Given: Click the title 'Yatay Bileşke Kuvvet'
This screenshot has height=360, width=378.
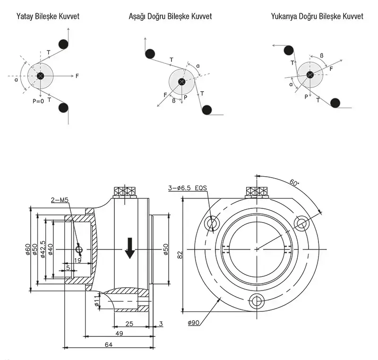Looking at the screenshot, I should click(48, 17).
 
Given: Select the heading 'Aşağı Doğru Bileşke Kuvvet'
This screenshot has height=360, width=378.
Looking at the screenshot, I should click(170, 17).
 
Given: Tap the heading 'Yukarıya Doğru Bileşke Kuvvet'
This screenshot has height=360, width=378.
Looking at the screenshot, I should click(317, 17).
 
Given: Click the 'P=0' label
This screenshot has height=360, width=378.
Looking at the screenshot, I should click(38, 101).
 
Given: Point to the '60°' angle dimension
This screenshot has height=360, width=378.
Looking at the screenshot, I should click(295, 182).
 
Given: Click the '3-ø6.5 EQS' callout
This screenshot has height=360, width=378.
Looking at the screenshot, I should click(188, 188).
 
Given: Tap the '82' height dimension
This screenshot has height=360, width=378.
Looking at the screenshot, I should click(180, 255).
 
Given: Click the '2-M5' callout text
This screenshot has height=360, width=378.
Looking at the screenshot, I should click(60, 200).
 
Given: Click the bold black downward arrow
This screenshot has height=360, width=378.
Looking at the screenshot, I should click(129, 249).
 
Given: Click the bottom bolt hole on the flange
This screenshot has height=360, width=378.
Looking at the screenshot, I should click(257, 300).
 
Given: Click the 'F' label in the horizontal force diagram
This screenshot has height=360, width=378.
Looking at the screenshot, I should click(77, 75).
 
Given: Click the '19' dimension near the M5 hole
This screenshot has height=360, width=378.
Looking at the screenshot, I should click(78, 259).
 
